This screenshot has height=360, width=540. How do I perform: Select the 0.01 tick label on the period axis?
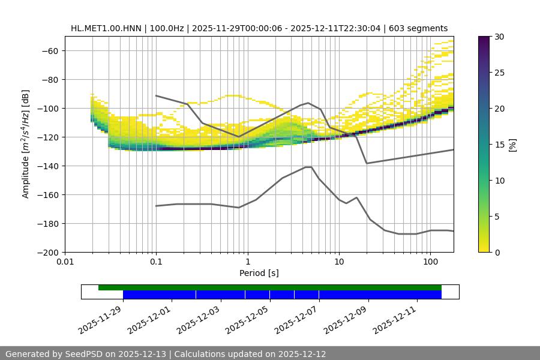65,262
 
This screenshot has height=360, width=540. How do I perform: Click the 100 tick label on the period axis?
430,262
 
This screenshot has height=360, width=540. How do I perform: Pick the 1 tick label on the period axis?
247,262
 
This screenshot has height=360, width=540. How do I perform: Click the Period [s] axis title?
259,273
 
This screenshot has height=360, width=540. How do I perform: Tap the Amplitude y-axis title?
26,144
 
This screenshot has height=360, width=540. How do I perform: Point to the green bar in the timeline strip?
270,287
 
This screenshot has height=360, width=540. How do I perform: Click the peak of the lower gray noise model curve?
308,167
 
